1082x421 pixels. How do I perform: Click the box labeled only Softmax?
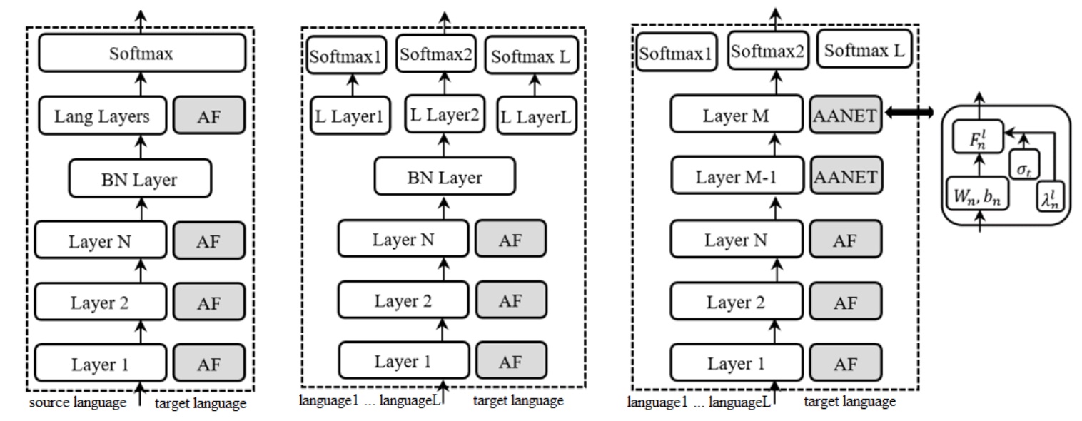pyautogui.click(x=141, y=54)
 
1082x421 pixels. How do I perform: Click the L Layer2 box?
pyautogui.click(x=444, y=112)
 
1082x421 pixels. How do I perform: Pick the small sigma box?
pyautogui.click(x=1024, y=164)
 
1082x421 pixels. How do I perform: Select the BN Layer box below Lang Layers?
pyautogui.click(x=141, y=178)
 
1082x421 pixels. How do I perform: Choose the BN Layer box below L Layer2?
pyautogui.click(x=444, y=177)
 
